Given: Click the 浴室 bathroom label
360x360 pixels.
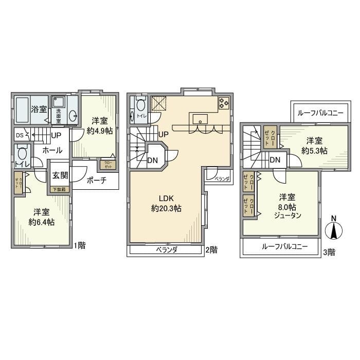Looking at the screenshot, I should click(39, 109).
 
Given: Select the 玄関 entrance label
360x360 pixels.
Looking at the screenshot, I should click(60, 175).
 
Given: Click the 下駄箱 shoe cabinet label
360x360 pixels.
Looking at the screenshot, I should click(60, 189).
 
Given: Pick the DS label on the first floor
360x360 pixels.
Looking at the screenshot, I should click(19, 136).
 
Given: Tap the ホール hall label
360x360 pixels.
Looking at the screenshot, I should click(52, 151).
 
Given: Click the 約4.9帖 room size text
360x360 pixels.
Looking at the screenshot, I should click(100, 131).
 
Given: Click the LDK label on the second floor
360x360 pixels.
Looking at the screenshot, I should click(166, 199).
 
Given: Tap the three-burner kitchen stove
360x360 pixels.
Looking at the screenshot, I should click(224, 103).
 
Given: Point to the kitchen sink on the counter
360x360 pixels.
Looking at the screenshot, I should click(200, 119).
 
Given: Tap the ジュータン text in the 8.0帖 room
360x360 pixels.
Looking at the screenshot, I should click(287, 216).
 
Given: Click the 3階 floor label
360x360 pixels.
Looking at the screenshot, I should click(329, 252).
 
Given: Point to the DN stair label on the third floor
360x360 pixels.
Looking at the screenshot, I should click(275, 159).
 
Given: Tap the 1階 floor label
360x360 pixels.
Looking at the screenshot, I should click(79, 245).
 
